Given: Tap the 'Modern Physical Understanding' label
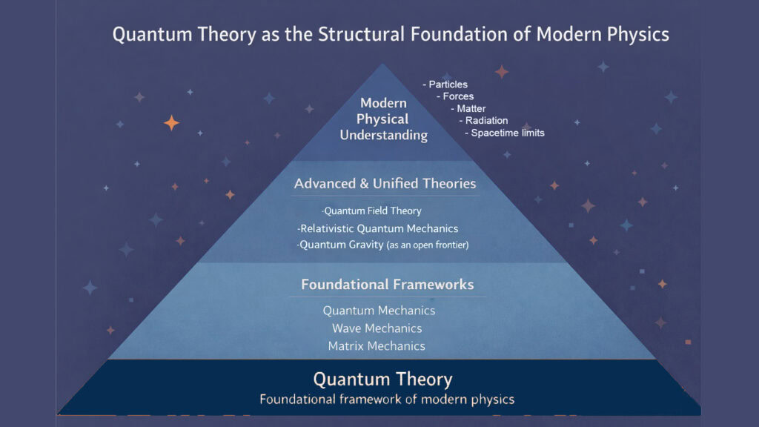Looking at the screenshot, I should pyautogui.click(x=383, y=119).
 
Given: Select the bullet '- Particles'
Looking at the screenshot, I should pyautogui.click(x=445, y=85).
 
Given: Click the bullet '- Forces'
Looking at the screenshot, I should pyautogui.click(x=455, y=96).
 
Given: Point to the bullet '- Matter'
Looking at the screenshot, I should pyautogui.click(x=468, y=108).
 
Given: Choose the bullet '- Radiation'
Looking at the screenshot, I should pyautogui.click(x=483, y=120).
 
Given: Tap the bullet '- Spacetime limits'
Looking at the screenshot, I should pyautogui.click(x=504, y=133).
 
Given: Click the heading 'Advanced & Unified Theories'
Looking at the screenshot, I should pyautogui.click(x=385, y=183).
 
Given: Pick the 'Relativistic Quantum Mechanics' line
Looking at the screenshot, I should pyautogui.click(x=377, y=228).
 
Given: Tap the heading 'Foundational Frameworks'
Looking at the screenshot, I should pyautogui.click(x=387, y=284).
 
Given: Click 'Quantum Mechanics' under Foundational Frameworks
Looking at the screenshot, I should pyautogui.click(x=379, y=311).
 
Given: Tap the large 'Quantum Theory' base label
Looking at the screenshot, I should pyautogui.click(x=382, y=379).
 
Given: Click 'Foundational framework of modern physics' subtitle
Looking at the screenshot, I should pyautogui.click(x=386, y=400).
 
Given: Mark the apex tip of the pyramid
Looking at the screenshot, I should pyautogui.click(x=382, y=65).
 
